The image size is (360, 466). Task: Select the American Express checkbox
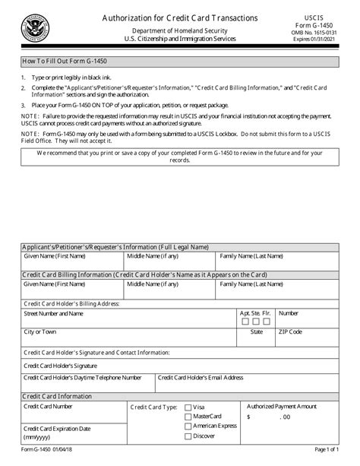[188, 426]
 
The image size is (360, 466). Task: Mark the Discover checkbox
[188, 436]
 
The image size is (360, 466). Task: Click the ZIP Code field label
[290, 332]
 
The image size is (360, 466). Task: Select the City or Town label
[39, 332]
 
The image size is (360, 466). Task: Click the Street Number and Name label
[55, 313]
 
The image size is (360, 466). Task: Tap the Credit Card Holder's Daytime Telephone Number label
[82, 377]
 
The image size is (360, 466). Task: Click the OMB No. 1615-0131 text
[323, 34]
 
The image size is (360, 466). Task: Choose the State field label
[257, 332]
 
